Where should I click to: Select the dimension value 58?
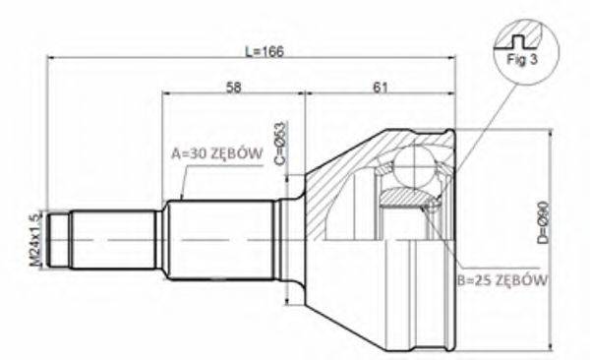click(x=234, y=88)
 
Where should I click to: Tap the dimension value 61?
click(x=380, y=88)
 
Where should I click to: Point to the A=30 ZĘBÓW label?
click(x=213, y=153)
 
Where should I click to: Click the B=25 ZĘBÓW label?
click(x=501, y=279)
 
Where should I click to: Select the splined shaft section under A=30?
click(x=219, y=239)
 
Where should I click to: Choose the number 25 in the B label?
click(x=477, y=279)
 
